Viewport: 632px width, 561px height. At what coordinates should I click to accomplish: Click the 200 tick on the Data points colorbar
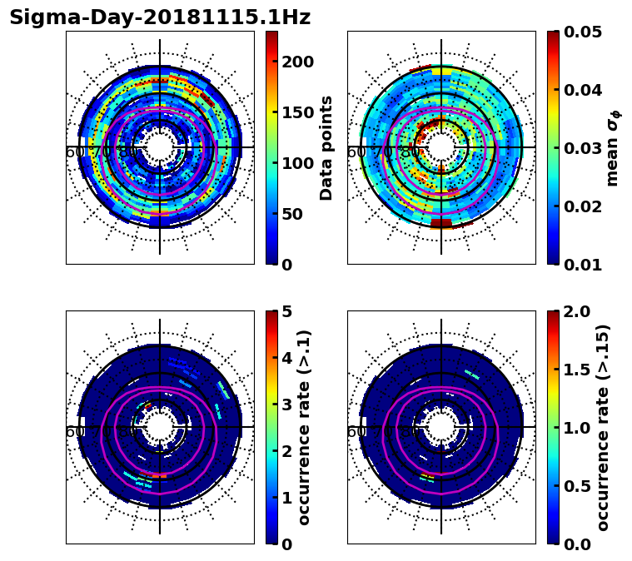point(298,62)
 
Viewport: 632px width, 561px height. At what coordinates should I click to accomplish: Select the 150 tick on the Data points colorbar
point(298,112)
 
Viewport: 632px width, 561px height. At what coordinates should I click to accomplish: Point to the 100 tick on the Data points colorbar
point(298,163)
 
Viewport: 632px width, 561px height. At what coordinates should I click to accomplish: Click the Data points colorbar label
point(326,147)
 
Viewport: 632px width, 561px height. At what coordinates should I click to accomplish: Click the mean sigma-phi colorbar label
point(612,147)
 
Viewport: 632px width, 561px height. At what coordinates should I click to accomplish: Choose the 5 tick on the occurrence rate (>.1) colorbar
point(286,311)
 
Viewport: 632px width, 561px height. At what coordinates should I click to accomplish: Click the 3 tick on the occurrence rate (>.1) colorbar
point(286,405)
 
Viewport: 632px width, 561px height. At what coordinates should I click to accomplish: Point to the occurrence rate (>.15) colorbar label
point(603,427)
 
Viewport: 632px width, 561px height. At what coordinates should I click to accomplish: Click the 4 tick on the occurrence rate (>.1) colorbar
point(286,358)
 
